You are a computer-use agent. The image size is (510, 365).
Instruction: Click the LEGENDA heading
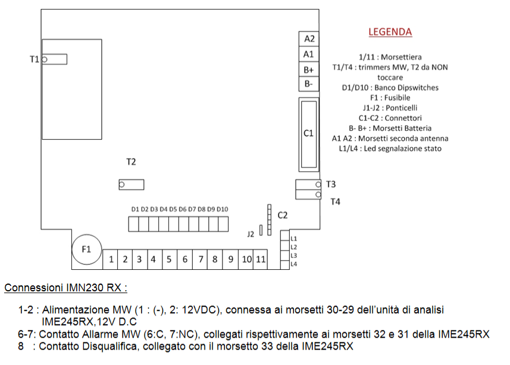point(390,32)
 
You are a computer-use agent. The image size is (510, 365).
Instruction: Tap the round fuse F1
point(86,248)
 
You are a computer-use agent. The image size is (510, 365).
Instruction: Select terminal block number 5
point(169,259)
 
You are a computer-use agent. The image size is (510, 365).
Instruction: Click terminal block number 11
point(261,259)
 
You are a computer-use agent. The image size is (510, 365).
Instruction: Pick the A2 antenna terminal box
point(309,39)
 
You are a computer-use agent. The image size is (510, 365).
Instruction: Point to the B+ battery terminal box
point(309,70)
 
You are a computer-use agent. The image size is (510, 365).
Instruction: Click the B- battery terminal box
point(309,84)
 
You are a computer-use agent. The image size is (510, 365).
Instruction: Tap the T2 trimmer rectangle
point(131,185)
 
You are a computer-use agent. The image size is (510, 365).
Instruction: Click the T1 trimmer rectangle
point(54,59)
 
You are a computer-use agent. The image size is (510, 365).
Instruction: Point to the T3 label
point(331,184)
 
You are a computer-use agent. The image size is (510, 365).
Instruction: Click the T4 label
point(335,202)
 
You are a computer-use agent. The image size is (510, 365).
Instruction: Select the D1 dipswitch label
point(135,209)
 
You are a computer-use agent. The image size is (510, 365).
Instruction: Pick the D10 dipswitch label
point(223,209)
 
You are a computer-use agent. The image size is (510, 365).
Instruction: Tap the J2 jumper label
point(251,235)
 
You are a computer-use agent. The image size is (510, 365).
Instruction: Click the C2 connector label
point(283,215)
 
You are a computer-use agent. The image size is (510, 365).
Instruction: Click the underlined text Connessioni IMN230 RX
point(65,288)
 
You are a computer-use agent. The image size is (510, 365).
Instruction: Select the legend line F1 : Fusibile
point(390,97)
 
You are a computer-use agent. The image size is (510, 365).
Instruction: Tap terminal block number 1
point(111,259)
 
